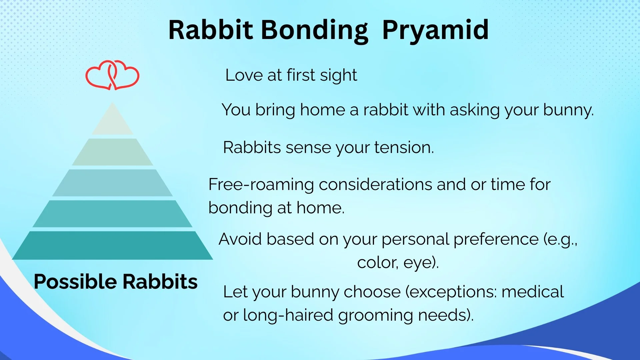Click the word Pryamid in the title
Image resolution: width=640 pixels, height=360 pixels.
[x=435, y=30]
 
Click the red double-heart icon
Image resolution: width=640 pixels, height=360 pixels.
[x=112, y=75]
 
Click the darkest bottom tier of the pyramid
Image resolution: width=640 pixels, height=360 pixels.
[x=112, y=245]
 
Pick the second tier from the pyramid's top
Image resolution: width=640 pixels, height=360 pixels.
[x=112, y=152]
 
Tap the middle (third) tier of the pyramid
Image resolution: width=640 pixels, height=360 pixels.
[x=112, y=183]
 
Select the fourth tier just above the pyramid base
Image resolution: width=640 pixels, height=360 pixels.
[x=112, y=214]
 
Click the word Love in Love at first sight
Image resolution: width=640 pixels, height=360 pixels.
[x=244, y=75]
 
